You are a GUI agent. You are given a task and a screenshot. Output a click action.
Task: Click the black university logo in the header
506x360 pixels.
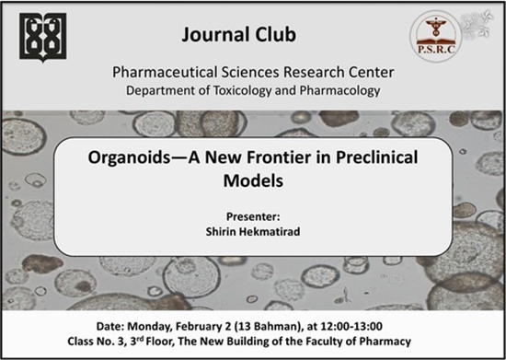coord(43,37)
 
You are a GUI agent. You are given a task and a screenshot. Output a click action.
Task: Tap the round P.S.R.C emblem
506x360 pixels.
coord(436,36)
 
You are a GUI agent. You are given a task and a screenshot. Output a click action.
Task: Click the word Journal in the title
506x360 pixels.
coord(213,35)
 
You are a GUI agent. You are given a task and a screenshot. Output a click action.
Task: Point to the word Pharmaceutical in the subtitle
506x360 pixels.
coord(165,72)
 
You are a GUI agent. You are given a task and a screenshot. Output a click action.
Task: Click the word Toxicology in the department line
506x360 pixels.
coord(242,91)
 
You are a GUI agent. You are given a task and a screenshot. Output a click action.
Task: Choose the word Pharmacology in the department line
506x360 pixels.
coord(339,91)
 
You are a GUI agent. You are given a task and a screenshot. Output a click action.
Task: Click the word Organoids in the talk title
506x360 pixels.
coord(129,157)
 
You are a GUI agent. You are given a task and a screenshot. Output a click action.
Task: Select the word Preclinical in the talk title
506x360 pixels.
coord(377,157)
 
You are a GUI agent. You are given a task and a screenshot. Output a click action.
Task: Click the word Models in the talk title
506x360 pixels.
coord(253,180)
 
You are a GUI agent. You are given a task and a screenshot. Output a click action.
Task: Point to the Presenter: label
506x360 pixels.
coord(253,216)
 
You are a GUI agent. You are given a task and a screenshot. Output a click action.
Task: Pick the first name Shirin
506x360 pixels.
coord(218,231)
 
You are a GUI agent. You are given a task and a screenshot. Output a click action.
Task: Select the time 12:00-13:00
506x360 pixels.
coord(351,326)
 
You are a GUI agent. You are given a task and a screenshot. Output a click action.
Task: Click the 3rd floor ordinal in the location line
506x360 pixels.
coord(137,341)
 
